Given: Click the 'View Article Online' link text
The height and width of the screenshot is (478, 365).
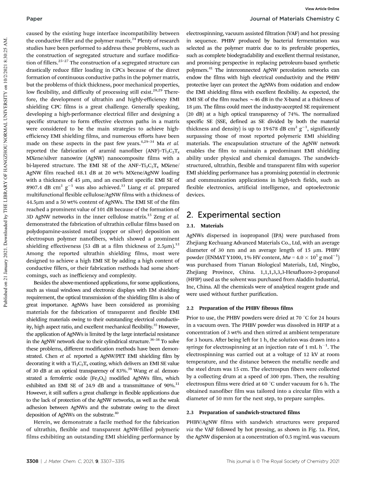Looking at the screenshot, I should click(x=322, y=9).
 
